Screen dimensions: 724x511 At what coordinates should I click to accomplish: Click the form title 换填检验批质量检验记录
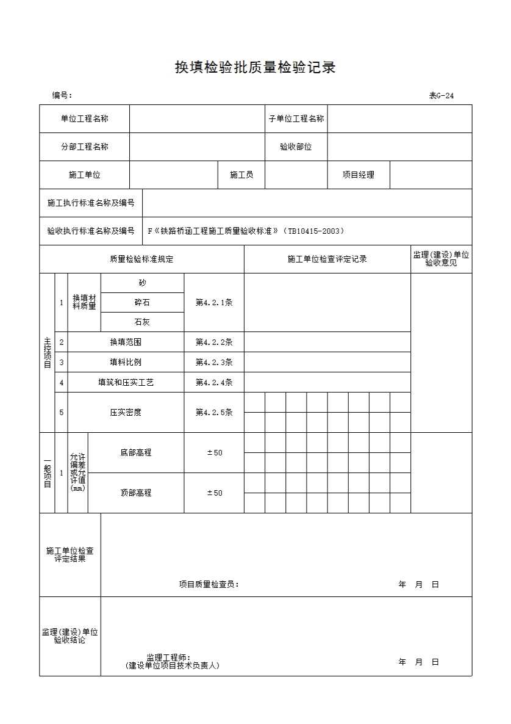(x=255, y=68)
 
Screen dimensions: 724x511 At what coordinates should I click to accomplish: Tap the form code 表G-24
(x=441, y=95)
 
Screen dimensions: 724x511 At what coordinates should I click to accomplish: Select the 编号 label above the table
(x=62, y=95)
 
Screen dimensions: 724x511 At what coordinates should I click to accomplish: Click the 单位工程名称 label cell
(x=84, y=119)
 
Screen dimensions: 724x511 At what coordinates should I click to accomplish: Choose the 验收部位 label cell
(x=296, y=147)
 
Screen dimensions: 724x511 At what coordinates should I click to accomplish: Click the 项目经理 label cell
(x=358, y=175)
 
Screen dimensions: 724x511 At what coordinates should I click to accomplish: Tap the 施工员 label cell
(x=241, y=175)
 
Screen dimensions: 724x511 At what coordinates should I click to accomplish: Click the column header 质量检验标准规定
(x=141, y=259)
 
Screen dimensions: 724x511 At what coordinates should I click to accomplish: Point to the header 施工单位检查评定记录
(x=327, y=259)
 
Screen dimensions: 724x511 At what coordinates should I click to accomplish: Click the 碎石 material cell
(x=142, y=303)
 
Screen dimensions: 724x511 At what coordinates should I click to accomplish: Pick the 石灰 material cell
(x=142, y=322)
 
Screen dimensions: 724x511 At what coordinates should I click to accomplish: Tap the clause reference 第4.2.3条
(x=214, y=362)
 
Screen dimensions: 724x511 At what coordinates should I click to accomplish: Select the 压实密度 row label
(x=126, y=413)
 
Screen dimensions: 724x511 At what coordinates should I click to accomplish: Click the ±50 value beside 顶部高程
(x=214, y=493)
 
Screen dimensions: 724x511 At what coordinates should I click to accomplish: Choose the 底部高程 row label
(x=135, y=453)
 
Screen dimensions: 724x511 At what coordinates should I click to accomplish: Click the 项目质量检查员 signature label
(x=209, y=584)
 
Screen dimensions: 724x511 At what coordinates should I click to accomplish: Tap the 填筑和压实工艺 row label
(x=126, y=383)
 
